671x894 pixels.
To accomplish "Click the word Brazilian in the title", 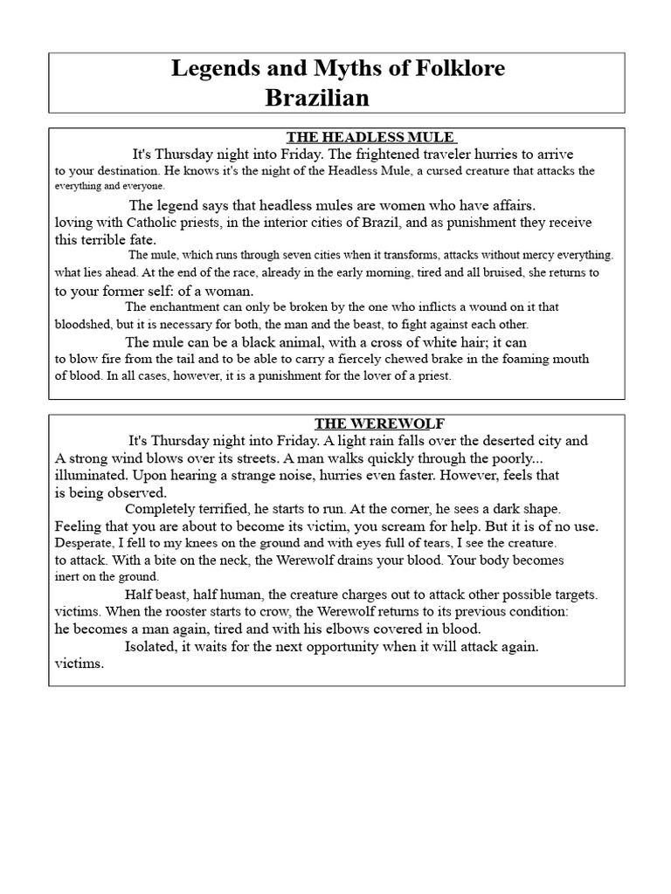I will click(x=316, y=98).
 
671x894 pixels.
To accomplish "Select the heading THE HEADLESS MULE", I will click(x=370, y=137).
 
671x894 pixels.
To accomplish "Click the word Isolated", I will click(x=154, y=647).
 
